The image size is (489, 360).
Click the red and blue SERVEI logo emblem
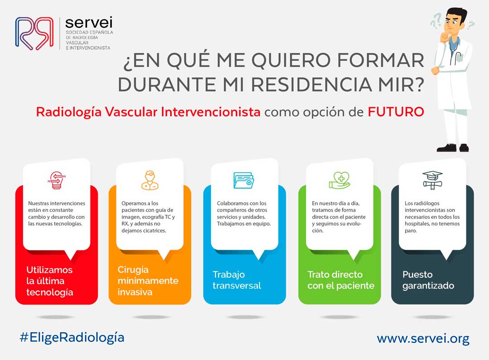(34, 33)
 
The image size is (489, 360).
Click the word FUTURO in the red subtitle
(396, 112)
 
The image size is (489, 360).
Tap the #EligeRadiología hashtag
(72, 338)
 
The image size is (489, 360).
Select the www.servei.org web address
(423, 339)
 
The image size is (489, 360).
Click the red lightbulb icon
(57, 180)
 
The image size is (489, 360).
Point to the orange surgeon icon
(150, 180)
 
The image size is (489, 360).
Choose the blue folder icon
(244, 180)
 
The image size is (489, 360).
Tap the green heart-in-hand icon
(340, 180)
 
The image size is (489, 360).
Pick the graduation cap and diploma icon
(432, 180)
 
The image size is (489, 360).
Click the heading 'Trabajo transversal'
(237, 280)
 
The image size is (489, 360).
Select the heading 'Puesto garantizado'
(428, 280)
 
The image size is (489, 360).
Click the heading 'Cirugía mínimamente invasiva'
(148, 280)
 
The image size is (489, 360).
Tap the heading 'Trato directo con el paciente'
(341, 280)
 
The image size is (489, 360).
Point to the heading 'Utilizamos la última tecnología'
(50, 281)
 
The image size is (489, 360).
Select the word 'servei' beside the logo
(89, 23)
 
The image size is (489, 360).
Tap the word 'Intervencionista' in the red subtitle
(211, 112)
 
